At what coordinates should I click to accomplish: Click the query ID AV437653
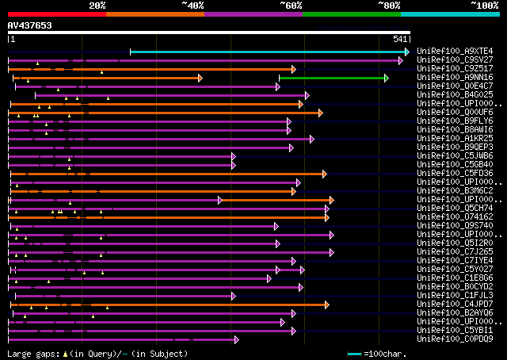click(x=29, y=25)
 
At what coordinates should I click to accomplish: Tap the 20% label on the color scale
click(x=97, y=5)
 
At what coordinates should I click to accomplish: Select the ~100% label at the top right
click(x=484, y=5)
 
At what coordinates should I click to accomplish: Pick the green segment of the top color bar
click(x=351, y=14)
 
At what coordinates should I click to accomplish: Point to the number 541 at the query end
click(x=400, y=39)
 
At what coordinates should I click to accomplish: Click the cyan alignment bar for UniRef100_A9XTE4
click(x=269, y=52)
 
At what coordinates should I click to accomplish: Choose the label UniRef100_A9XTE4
click(x=455, y=52)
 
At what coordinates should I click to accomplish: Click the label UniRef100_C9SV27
click(x=455, y=60)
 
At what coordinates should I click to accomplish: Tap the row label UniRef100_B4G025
click(x=455, y=95)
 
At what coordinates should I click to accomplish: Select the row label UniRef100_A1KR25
click(x=455, y=139)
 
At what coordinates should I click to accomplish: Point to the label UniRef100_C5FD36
click(x=455, y=174)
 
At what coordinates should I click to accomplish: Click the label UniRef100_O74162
click(x=455, y=216)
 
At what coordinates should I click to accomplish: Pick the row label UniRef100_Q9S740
click(x=455, y=225)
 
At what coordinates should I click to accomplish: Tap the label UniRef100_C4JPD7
click(x=455, y=304)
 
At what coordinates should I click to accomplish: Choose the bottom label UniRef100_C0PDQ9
click(x=455, y=339)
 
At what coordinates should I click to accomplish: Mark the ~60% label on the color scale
click(x=291, y=5)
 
